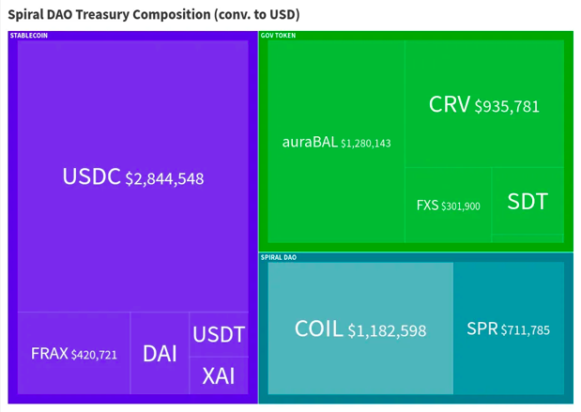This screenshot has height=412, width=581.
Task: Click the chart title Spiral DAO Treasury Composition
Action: click(154, 15)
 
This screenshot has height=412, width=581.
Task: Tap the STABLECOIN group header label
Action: click(29, 35)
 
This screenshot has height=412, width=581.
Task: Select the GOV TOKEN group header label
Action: click(279, 35)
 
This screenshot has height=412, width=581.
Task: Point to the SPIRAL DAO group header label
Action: click(279, 256)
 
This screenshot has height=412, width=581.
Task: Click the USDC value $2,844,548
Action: click(164, 178)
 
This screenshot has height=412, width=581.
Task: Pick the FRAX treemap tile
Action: click(73, 354)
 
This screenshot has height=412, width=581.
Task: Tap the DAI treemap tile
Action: click(160, 354)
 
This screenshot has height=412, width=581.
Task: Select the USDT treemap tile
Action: click(219, 334)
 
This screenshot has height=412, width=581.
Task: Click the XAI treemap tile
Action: click(219, 376)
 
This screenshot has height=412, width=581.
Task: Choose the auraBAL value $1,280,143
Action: click(366, 144)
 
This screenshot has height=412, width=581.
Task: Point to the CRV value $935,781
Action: click(507, 106)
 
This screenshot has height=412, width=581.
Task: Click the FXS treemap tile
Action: click(448, 205)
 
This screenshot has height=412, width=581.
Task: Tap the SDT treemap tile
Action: click(527, 201)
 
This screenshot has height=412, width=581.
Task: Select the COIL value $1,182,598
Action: click(387, 330)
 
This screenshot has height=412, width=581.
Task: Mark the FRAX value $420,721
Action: click(94, 355)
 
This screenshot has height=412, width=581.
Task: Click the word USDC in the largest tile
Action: click(91, 176)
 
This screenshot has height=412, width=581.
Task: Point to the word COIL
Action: click(318, 328)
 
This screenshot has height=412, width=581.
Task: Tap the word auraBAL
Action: click(309, 143)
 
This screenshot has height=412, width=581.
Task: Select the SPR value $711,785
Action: click(525, 329)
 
